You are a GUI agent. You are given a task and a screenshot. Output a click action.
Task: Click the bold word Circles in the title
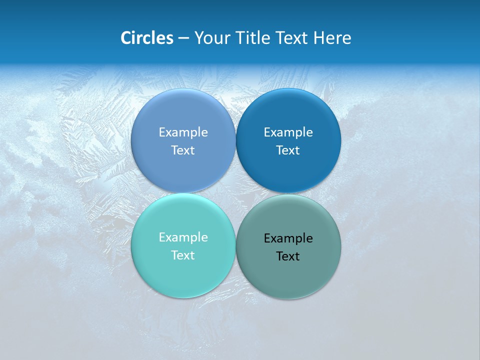147,38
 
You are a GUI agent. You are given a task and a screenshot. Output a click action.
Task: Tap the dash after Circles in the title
183,38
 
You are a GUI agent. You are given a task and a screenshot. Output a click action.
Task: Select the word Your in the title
210,38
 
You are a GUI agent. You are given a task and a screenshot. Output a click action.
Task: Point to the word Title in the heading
248,38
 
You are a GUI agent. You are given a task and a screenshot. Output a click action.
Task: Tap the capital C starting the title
126,38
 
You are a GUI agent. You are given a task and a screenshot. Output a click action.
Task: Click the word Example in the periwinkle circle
183,132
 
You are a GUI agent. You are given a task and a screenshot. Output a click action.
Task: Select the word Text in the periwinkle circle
183,150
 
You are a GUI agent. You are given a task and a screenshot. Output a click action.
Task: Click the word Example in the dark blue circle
288,132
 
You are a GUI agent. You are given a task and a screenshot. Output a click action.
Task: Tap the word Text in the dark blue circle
288,150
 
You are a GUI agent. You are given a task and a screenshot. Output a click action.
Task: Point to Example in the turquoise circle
183,237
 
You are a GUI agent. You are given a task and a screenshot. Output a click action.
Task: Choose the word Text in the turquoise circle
183,255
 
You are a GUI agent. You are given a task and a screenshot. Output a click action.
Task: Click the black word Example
288,238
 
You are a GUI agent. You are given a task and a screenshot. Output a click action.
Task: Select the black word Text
288,256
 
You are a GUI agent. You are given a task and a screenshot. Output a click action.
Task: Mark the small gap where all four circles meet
235,193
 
